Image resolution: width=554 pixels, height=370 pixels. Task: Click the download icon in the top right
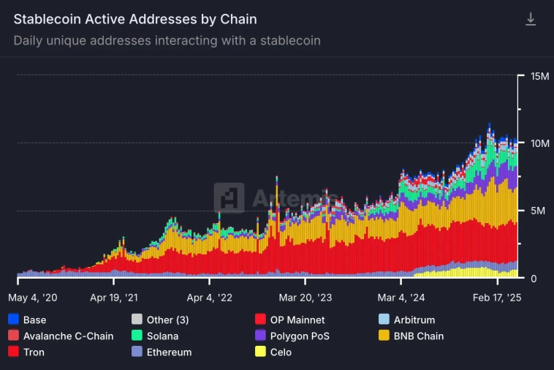[531, 20]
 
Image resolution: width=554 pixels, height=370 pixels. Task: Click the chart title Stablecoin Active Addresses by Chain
[135, 19]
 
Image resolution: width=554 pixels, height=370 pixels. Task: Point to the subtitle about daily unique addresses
[167, 40]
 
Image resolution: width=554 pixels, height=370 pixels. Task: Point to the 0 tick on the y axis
[535, 279]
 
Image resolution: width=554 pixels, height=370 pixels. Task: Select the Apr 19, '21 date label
[113, 298]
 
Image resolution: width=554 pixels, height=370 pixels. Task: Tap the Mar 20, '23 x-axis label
[306, 298]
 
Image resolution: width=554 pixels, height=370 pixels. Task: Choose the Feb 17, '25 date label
[498, 298]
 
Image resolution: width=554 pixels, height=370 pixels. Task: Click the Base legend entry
[34, 320]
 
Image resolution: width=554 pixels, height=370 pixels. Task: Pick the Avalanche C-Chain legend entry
[68, 336]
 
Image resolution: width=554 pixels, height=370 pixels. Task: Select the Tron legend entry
[34, 352]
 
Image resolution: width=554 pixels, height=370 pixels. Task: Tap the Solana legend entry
[161, 336]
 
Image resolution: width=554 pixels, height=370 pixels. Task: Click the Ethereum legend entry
[167, 352]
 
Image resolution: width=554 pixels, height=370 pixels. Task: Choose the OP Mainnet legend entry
[297, 320]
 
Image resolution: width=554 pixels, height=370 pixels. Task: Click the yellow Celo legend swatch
[259, 352]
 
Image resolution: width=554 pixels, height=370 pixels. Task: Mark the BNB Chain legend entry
[418, 336]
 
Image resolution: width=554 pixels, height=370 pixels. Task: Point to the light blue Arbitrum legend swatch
[383, 320]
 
